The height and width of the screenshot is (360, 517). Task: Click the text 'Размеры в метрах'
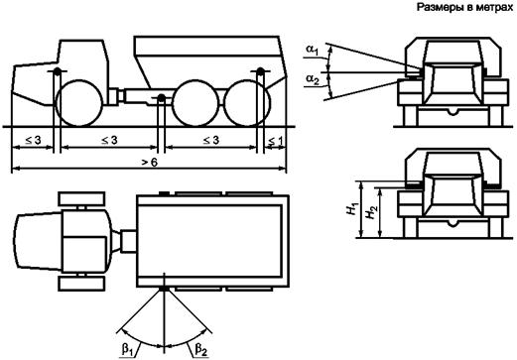point(464,7)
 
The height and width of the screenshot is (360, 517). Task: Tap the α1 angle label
point(312,50)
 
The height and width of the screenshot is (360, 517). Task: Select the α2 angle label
point(313,79)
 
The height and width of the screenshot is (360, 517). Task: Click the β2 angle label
point(201,350)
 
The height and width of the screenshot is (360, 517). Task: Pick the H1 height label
point(352,209)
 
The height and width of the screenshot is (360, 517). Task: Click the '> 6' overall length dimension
point(151,162)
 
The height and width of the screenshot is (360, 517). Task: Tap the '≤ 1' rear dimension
point(275,141)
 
